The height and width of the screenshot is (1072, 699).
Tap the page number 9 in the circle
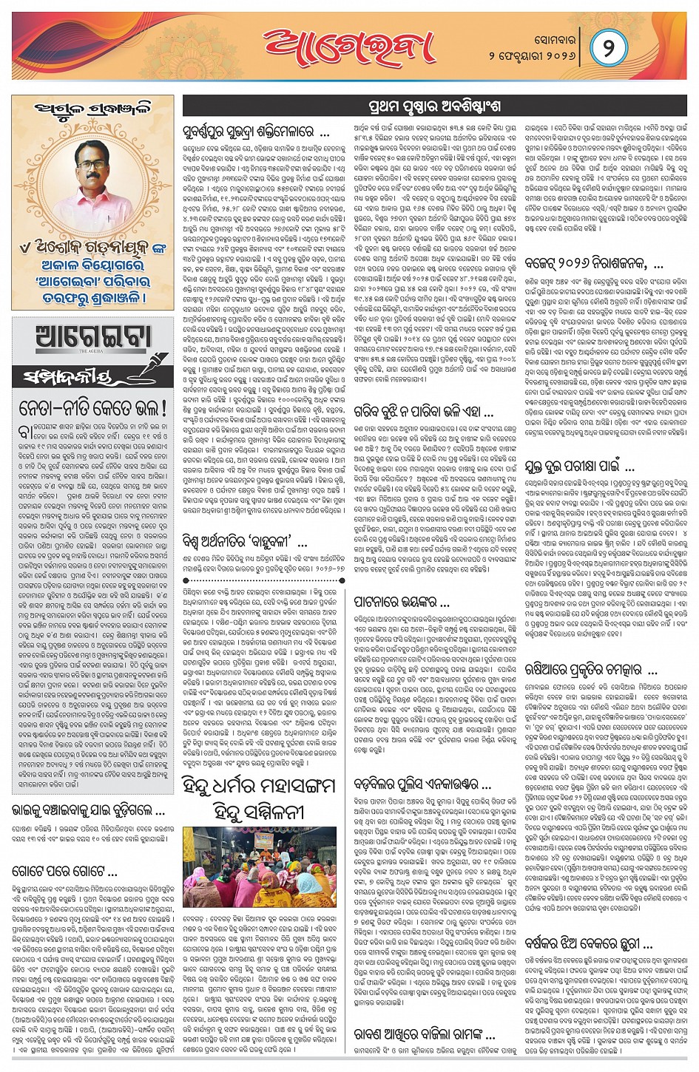(x=608, y=49)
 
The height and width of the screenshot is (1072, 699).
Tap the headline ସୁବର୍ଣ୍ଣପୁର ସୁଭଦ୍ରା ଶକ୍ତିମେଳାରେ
(x=255, y=133)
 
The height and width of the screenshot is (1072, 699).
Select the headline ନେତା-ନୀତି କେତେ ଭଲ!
(x=92, y=407)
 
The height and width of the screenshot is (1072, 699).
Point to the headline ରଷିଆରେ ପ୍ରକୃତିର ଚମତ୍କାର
(x=590, y=670)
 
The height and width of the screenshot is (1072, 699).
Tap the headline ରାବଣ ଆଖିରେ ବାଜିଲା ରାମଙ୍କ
(x=424, y=1033)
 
